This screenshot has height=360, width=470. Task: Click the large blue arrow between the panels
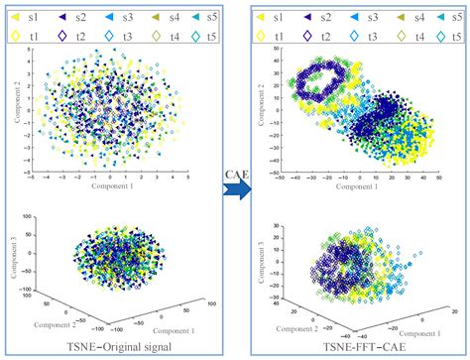tap(234, 186)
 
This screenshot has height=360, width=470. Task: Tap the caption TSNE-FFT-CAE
tap(357, 348)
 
